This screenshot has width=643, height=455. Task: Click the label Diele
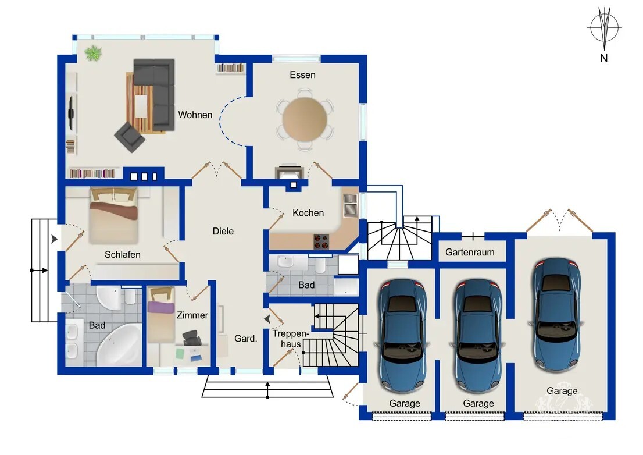[x=223, y=231]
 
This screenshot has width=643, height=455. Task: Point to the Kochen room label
[x=308, y=212]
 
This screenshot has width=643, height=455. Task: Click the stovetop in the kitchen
[x=321, y=241]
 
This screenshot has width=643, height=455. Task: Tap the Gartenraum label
[x=470, y=252]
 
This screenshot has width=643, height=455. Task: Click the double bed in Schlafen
[x=113, y=215]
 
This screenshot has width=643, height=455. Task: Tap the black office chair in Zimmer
[x=191, y=339]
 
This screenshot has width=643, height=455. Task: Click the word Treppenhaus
[x=291, y=339]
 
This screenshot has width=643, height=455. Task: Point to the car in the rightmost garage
[x=556, y=315]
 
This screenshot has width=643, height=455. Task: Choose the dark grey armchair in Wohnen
[x=130, y=137]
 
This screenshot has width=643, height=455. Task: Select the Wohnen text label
[x=195, y=115]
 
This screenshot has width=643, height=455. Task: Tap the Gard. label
[x=246, y=339]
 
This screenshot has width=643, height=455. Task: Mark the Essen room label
[x=303, y=74]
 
